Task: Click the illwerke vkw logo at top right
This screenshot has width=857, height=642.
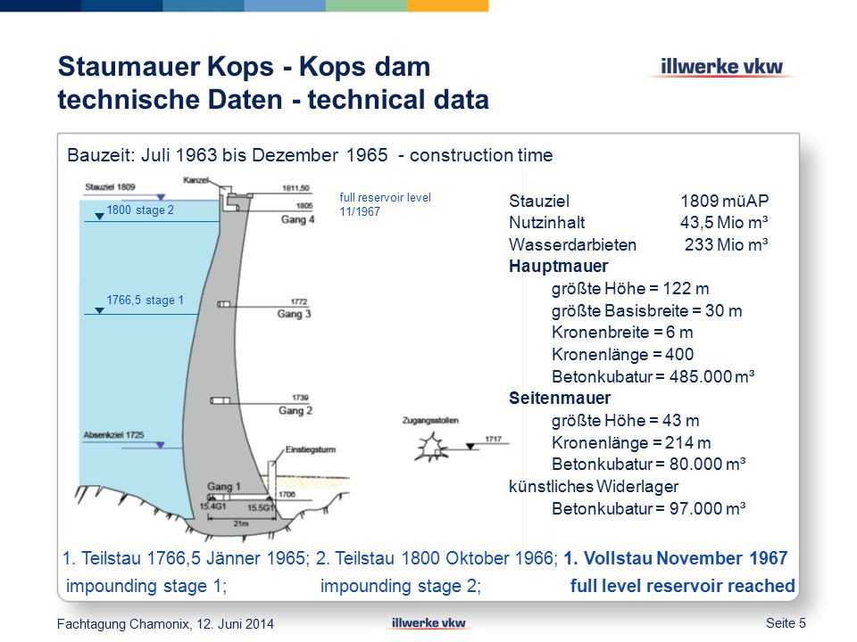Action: [x=721, y=67]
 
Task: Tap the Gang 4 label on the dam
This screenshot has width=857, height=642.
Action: [x=297, y=219]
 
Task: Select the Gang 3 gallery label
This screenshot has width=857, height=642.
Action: [x=294, y=314]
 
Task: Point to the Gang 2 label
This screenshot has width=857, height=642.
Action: [x=295, y=410]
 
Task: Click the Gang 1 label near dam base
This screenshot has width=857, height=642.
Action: [x=223, y=487]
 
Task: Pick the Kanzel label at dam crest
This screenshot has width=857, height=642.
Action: [x=196, y=180]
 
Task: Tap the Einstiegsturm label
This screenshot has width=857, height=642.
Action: [x=311, y=449]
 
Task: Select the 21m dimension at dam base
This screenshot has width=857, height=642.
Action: [x=241, y=523]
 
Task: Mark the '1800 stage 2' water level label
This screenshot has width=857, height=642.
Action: [x=140, y=210]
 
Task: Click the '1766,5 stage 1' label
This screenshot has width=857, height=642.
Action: [x=145, y=300]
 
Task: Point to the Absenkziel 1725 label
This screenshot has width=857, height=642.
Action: [x=113, y=435]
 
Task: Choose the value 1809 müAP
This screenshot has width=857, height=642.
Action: [x=725, y=201]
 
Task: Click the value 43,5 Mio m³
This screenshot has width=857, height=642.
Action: [x=724, y=223]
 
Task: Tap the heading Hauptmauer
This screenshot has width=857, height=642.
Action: [x=558, y=267]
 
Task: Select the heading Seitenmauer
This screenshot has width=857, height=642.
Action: [x=560, y=398]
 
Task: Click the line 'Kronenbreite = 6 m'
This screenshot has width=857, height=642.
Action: [x=622, y=333]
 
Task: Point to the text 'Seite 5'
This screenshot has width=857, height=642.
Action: [x=786, y=623]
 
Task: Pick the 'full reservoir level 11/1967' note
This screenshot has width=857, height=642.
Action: [x=386, y=205]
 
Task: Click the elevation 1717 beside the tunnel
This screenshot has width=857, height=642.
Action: [x=493, y=439]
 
